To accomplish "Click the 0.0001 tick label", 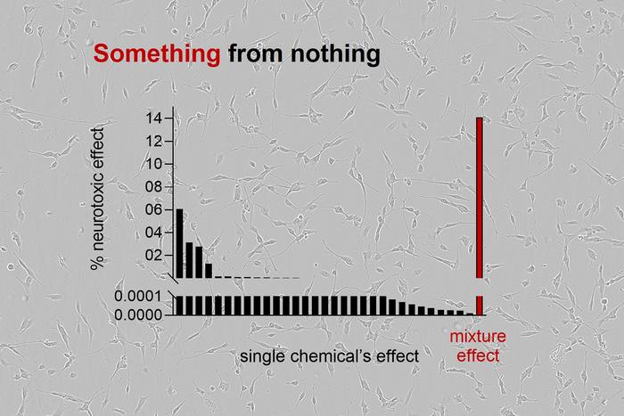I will point(140,296).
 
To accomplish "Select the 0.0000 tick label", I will point(140,314).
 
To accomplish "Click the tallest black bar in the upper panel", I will point(179,243).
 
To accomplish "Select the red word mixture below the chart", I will point(478,339).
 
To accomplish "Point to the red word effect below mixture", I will point(478,356).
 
